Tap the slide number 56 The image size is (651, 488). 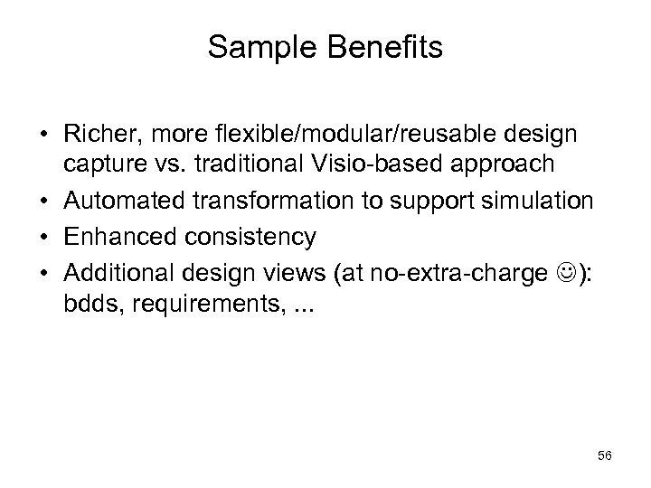tap(605, 456)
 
